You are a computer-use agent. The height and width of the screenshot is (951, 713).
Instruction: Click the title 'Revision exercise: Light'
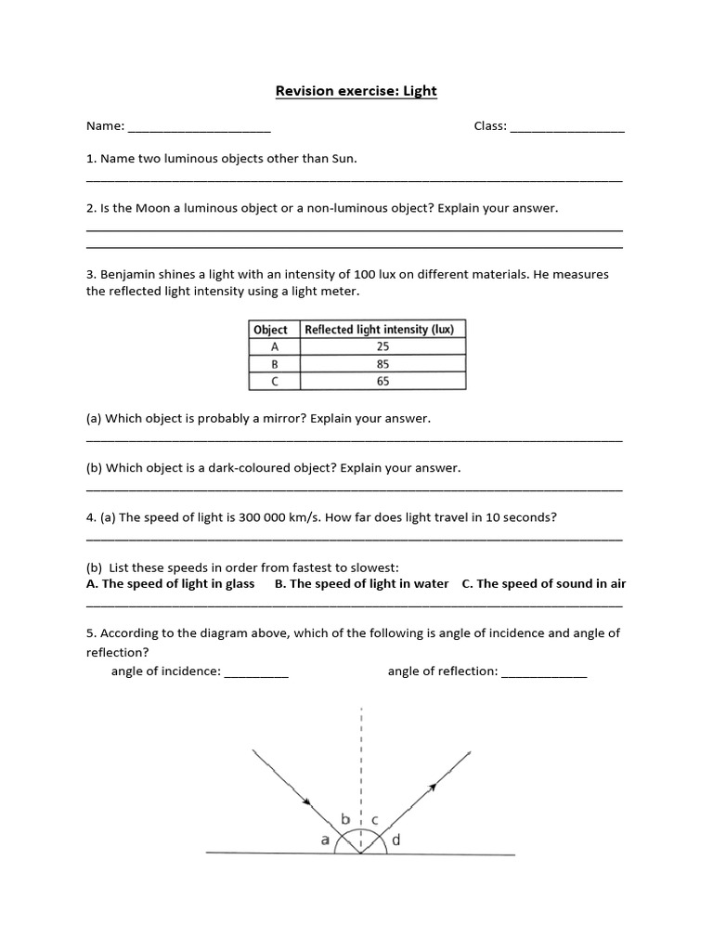(x=356, y=91)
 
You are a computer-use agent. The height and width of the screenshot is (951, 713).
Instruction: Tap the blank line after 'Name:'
(x=199, y=128)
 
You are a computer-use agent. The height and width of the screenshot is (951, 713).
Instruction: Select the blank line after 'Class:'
(x=567, y=128)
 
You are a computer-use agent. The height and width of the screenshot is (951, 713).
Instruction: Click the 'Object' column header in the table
(x=271, y=330)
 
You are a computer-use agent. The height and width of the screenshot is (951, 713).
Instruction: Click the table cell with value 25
(x=383, y=346)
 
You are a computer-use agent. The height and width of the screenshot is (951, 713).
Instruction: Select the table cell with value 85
(x=383, y=364)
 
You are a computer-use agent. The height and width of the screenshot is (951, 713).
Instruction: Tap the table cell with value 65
(x=383, y=382)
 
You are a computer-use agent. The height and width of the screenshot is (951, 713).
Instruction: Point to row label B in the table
(x=275, y=364)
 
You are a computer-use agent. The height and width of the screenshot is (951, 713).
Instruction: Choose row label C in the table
(x=275, y=382)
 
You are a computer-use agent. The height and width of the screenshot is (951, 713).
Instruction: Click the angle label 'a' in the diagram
(x=325, y=840)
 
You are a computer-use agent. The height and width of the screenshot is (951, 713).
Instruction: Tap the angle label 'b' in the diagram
(x=346, y=819)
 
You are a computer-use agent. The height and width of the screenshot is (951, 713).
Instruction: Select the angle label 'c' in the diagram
(x=374, y=819)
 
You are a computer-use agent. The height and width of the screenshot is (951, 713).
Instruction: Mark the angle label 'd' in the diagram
(x=396, y=840)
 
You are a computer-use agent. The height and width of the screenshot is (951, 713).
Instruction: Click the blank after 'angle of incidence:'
(x=256, y=673)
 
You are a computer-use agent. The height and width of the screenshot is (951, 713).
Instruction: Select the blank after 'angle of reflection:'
(x=544, y=673)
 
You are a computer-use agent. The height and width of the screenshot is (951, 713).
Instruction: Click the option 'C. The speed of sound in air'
(x=543, y=584)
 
